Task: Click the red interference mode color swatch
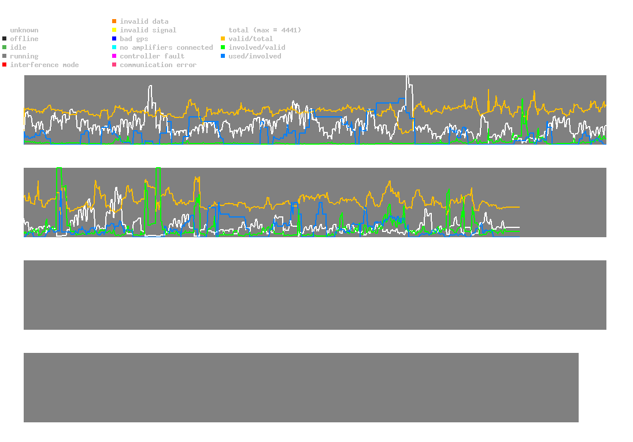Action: [5, 65]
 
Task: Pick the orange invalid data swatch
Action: [114, 21]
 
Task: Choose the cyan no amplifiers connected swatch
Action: [114, 47]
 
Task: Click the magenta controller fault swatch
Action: [114, 56]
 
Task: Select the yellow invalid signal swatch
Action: [114, 30]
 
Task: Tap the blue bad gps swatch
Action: [114, 39]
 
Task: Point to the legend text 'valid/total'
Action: [250, 39]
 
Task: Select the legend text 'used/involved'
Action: [254, 56]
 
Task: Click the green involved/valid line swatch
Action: [223, 47]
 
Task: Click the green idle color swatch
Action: [5, 47]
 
